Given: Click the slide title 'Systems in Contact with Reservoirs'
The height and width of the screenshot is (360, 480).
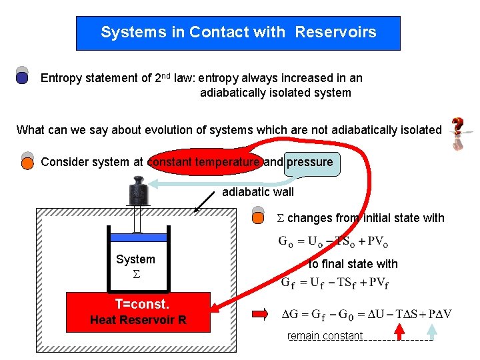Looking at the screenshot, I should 238,33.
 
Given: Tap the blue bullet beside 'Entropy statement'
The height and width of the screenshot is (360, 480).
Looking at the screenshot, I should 22,77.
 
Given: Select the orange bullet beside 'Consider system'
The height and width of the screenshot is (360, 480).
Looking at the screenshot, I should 27,162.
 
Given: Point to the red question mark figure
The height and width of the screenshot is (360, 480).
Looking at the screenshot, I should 458,134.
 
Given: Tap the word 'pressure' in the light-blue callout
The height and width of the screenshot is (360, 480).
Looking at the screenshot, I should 310,162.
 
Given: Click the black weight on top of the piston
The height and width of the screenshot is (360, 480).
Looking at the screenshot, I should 139,191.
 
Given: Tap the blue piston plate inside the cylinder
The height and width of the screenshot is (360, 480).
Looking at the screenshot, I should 139,237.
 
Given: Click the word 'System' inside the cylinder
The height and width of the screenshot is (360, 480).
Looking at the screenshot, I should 135,259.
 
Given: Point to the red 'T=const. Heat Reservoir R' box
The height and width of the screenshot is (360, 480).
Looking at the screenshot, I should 138,312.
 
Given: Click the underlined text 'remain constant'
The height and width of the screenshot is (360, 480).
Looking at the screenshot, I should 325,336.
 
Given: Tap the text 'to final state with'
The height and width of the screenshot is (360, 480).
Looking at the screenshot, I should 353,264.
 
